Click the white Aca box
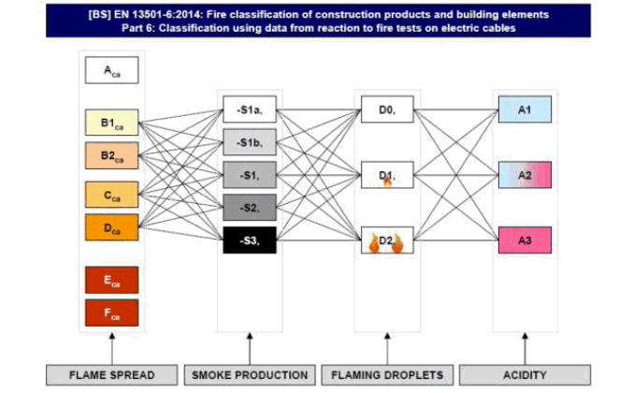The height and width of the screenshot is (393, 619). coord(111,70)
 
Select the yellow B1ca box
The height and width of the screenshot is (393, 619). coord(111,124)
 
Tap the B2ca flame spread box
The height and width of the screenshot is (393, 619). coord(111,154)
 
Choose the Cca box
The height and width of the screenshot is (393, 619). coord(111,195)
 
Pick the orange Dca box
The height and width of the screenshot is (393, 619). coord(111,226)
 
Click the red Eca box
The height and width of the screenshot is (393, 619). coord(111,280)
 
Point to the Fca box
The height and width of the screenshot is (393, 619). coord(111,313)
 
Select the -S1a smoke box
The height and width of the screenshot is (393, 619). coord(250,110)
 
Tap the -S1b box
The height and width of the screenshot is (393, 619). coord(250,142)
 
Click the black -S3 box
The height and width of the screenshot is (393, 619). coord(250,241)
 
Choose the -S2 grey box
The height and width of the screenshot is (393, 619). coord(250,208)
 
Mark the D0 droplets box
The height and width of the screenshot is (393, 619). coord(386,110)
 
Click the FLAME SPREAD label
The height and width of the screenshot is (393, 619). coord(111,375)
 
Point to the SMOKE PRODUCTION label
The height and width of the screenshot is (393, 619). coord(249,375)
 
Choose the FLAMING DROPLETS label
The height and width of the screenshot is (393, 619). coord(385,375)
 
